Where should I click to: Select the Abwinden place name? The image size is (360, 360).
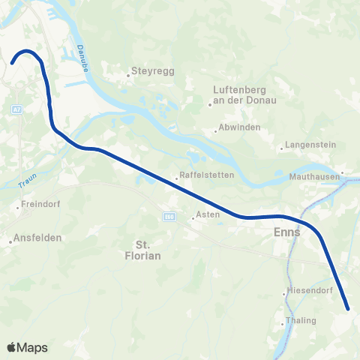pos(240,127)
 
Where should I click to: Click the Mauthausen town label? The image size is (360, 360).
pos(313,178)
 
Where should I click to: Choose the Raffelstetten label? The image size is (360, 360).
pos(206,175)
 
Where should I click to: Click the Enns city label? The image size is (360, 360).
pos(287,232)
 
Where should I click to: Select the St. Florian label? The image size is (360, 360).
pos(148,250)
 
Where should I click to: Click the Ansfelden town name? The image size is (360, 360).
pos(37,238)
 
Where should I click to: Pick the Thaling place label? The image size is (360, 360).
pos(301,321)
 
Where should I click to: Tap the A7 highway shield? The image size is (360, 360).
pos(16,109)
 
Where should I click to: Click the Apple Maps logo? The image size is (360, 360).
pos(27,347)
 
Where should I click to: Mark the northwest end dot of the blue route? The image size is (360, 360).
pos(13,63)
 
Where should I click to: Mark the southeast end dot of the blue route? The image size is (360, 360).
pos(348,307)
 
